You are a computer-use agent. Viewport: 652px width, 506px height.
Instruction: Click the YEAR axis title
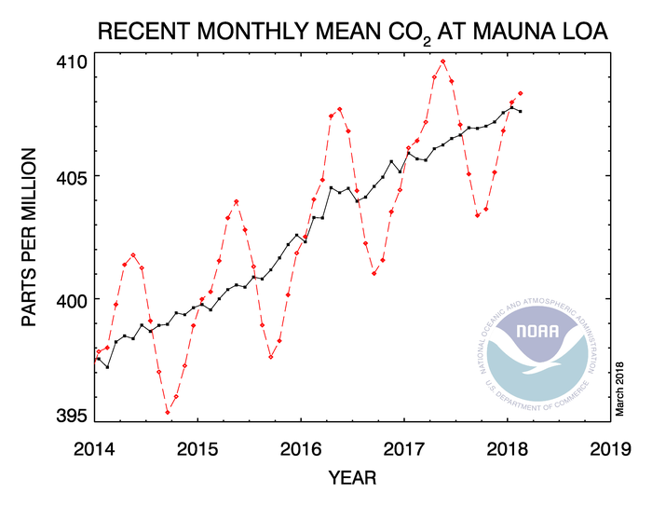pos(352,478)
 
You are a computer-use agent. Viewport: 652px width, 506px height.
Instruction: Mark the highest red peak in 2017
pos(443,62)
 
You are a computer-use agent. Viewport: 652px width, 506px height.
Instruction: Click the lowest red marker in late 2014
pos(168,412)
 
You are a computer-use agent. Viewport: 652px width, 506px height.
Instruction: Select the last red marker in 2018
pos(521,93)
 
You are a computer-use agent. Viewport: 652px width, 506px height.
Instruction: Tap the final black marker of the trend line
pos(521,112)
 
